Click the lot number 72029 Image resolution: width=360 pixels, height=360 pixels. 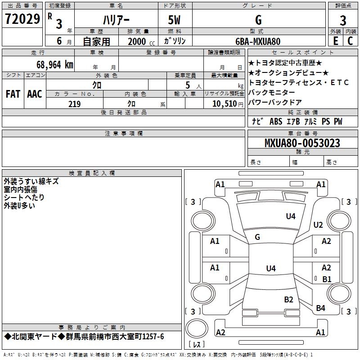tap(22, 19)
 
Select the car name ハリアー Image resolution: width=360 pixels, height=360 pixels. tap(116, 20)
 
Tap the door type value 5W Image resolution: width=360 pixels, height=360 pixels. tap(174, 20)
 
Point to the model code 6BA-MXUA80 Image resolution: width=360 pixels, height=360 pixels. tap(258, 41)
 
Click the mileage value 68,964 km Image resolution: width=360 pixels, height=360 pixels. tap(55, 65)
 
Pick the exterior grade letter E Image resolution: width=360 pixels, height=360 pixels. tap(335, 41)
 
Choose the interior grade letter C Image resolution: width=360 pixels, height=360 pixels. tap(350, 41)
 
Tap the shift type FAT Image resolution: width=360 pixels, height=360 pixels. tap(13, 94)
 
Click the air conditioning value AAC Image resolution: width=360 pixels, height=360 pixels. tap(35, 94)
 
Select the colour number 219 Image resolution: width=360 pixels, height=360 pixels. tap(74, 104)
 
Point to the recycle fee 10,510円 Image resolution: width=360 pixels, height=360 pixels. tap(228, 104)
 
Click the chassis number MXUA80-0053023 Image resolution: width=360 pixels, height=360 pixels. tap(302, 143)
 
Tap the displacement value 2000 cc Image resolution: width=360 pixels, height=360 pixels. tap(141, 42)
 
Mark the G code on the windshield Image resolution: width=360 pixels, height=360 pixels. tap(257, 237)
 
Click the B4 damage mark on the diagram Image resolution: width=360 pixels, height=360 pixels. tap(320, 308)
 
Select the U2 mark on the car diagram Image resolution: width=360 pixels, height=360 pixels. tap(318, 225)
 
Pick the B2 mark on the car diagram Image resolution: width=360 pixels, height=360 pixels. tap(288, 300)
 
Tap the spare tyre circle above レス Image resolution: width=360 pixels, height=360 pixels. tap(197, 328)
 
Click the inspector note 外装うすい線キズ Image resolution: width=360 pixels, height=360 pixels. tap(31, 181)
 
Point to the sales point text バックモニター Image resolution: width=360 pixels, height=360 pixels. tap(272, 92)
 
